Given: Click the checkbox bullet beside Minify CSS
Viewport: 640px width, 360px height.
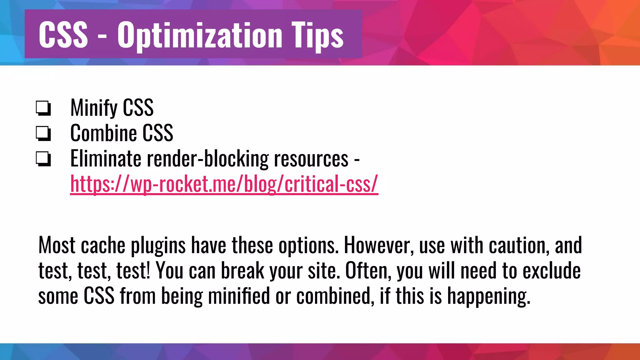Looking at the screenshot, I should click(43, 108).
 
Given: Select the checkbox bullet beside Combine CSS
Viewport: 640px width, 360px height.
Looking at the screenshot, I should click(43, 133).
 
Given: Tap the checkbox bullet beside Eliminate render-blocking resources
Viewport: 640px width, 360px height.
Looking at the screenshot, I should click(43, 159).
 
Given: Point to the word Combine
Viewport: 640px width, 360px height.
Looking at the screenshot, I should click(103, 133).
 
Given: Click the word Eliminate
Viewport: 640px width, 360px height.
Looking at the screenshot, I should click(106, 158).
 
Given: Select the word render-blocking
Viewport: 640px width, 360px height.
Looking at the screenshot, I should click(207, 158).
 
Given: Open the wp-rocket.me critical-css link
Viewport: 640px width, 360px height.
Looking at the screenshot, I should click(224, 184).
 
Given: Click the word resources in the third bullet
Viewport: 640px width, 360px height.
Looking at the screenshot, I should click(311, 158).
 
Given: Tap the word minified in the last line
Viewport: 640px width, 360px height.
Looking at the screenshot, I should click(239, 296).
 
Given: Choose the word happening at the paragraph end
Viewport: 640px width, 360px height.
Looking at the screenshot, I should click(489, 296).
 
